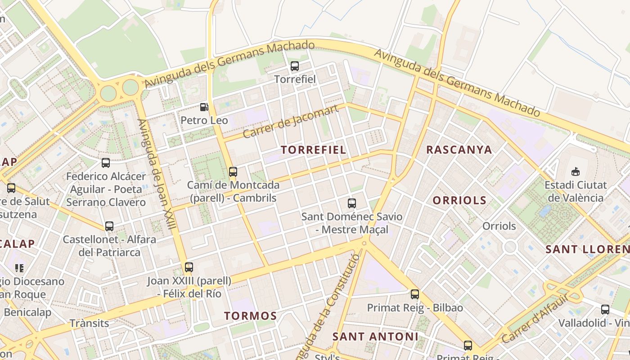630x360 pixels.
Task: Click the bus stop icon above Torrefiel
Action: coord(295,66)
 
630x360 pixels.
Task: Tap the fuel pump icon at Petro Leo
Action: coord(204,107)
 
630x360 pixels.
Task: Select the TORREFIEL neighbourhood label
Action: coord(314,150)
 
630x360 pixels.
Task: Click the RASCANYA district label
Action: coord(459,150)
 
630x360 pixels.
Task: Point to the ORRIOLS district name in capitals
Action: coord(459,200)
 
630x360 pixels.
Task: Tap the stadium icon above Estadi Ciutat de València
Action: coord(575,171)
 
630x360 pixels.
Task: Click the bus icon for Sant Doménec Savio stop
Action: coord(352,203)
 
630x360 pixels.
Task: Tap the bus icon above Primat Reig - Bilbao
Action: coord(415,294)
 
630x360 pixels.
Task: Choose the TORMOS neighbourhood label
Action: coord(250,316)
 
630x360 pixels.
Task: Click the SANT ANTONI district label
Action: coord(375,336)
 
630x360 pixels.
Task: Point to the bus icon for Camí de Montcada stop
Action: coord(233,171)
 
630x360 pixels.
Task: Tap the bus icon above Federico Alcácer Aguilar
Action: coord(106,163)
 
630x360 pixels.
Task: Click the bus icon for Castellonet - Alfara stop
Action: coord(109,226)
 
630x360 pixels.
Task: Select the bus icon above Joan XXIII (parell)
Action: coord(189,267)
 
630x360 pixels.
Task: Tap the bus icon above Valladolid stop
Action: coord(605,310)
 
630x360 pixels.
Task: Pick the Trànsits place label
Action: coord(89,323)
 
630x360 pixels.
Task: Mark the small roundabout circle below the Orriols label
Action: coord(510,246)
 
